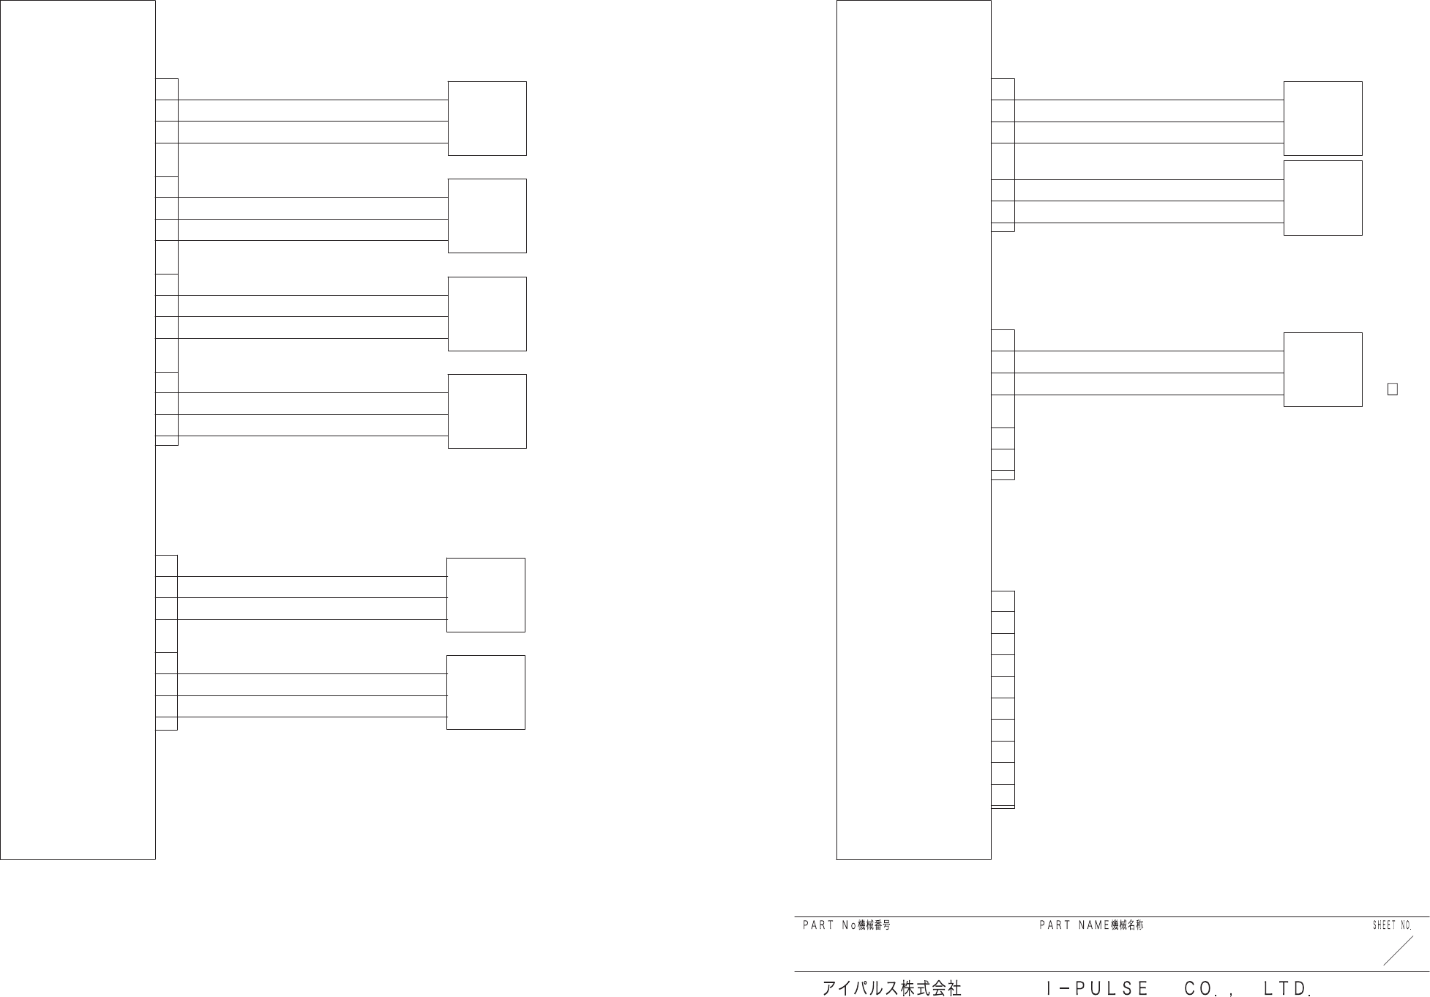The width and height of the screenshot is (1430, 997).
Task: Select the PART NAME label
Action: (x=1074, y=925)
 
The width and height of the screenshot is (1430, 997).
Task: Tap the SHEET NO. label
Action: (x=1391, y=925)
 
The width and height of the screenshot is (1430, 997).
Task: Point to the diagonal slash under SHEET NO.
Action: (x=1398, y=950)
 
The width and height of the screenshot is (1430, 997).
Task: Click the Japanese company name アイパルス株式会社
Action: (x=891, y=988)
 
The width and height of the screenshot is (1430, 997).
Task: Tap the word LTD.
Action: (x=1286, y=988)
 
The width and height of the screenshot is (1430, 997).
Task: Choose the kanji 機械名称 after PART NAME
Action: (x=1127, y=925)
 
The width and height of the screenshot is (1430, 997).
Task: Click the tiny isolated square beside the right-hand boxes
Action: (x=1393, y=389)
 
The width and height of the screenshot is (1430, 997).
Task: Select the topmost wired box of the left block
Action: (x=487, y=119)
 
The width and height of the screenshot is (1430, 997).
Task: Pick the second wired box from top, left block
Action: (x=487, y=216)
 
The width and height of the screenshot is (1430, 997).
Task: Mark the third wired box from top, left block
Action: (x=487, y=314)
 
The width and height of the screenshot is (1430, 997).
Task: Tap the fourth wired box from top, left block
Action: (x=487, y=411)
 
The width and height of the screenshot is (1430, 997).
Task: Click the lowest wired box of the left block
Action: (x=485, y=692)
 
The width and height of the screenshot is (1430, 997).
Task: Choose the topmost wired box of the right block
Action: (x=1322, y=119)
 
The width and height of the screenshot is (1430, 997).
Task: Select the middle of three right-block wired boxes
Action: (x=1322, y=198)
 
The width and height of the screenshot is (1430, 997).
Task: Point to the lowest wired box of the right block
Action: (x=1322, y=370)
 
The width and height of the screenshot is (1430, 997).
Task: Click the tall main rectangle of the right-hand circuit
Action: (x=913, y=430)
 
